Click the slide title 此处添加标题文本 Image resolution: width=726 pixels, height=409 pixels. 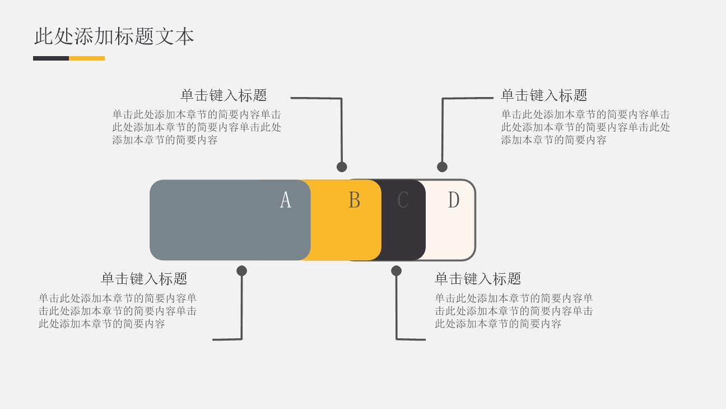(x=114, y=36)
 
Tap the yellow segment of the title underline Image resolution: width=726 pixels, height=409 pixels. (x=87, y=58)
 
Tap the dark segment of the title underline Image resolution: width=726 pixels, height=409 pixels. (x=51, y=58)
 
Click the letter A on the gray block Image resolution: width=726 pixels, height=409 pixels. (x=286, y=200)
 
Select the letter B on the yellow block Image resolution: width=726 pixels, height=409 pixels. (x=354, y=200)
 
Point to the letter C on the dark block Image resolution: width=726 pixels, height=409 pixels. (x=403, y=200)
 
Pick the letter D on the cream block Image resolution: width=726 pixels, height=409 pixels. (x=454, y=200)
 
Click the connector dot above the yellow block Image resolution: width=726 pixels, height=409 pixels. (x=342, y=167)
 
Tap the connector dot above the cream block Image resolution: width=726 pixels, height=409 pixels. (x=442, y=167)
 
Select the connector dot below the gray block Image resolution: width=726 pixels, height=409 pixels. (x=241, y=271)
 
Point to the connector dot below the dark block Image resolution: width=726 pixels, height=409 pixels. (x=396, y=271)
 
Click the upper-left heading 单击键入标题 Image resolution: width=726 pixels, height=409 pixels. (x=224, y=95)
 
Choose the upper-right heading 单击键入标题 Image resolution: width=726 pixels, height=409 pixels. (x=544, y=95)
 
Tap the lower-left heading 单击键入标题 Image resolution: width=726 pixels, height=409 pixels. (x=144, y=279)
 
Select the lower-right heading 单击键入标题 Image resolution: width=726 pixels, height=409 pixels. (x=478, y=279)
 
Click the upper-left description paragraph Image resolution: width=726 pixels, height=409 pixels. (x=197, y=127)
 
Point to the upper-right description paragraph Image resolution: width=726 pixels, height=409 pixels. (x=585, y=127)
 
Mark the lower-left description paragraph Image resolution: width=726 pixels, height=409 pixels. (x=118, y=311)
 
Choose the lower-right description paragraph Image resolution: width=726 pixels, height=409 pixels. (x=514, y=311)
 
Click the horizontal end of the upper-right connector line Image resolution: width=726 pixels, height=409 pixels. (x=493, y=98)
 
